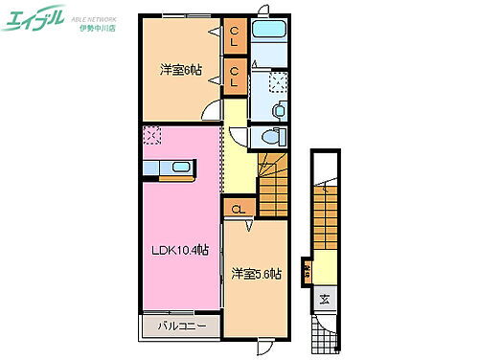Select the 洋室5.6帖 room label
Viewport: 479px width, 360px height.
[256, 275]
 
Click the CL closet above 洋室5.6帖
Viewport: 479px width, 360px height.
[238, 209]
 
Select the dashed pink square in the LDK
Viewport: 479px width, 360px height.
[151, 136]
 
